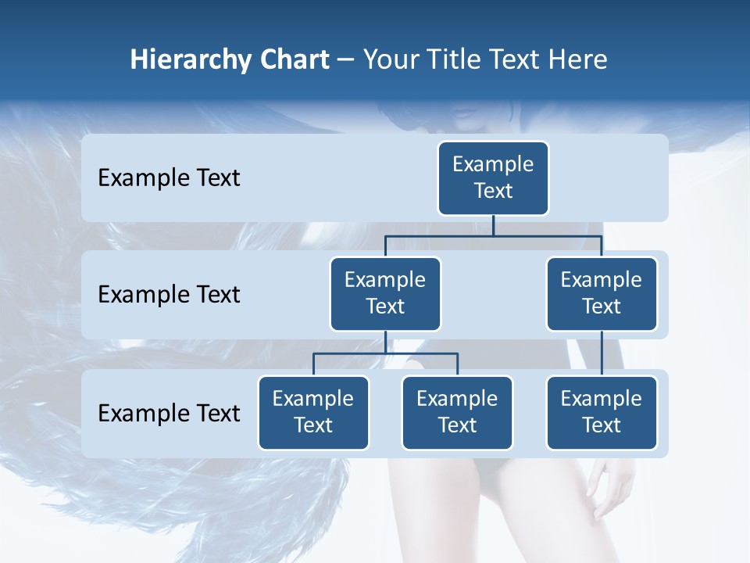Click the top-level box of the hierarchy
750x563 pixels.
click(493, 178)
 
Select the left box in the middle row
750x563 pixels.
click(385, 293)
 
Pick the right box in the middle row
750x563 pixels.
click(602, 293)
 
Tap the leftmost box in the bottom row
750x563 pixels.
click(313, 412)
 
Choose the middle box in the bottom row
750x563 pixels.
click(457, 412)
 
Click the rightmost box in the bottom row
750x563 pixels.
click(602, 412)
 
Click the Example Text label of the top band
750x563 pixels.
click(169, 178)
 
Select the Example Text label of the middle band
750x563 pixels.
click(169, 295)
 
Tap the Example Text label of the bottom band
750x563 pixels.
click(169, 413)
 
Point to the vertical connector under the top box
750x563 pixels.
click(493, 225)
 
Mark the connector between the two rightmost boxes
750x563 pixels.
click(602, 353)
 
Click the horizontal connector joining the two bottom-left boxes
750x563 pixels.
click(385, 353)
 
